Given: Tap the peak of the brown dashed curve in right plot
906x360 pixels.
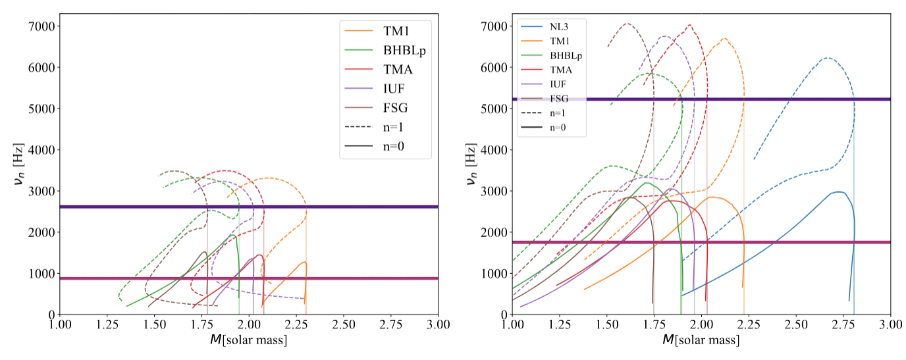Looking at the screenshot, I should [x=627, y=24].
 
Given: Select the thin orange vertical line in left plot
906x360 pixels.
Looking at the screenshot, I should [x=306, y=290].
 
